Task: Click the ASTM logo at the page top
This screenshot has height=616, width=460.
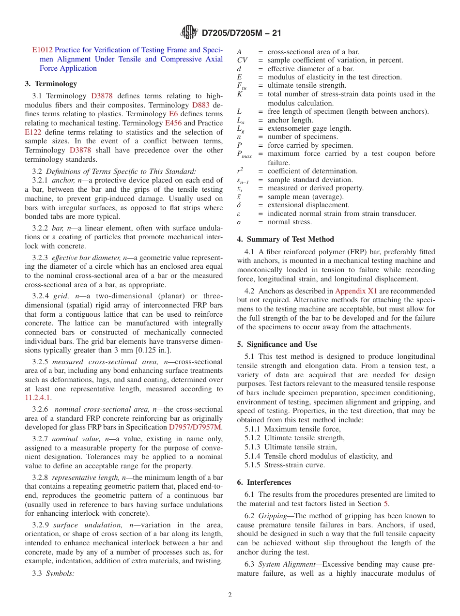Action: (x=189, y=32)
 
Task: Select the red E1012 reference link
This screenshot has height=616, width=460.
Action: (x=42, y=50)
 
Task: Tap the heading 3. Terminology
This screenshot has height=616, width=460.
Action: (x=51, y=84)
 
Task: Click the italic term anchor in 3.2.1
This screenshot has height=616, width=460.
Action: (x=61, y=180)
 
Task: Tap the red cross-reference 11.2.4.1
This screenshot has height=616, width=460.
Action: (x=38, y=398)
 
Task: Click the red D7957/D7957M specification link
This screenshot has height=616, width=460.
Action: (x=196, y=427)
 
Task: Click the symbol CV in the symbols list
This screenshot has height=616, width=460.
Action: (x=242, y=61)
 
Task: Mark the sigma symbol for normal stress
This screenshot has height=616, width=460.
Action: (x=239, y=222)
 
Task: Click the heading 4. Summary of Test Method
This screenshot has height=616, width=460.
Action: (x=285, y=239)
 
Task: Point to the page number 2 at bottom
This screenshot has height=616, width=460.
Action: (x=230, y=595)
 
